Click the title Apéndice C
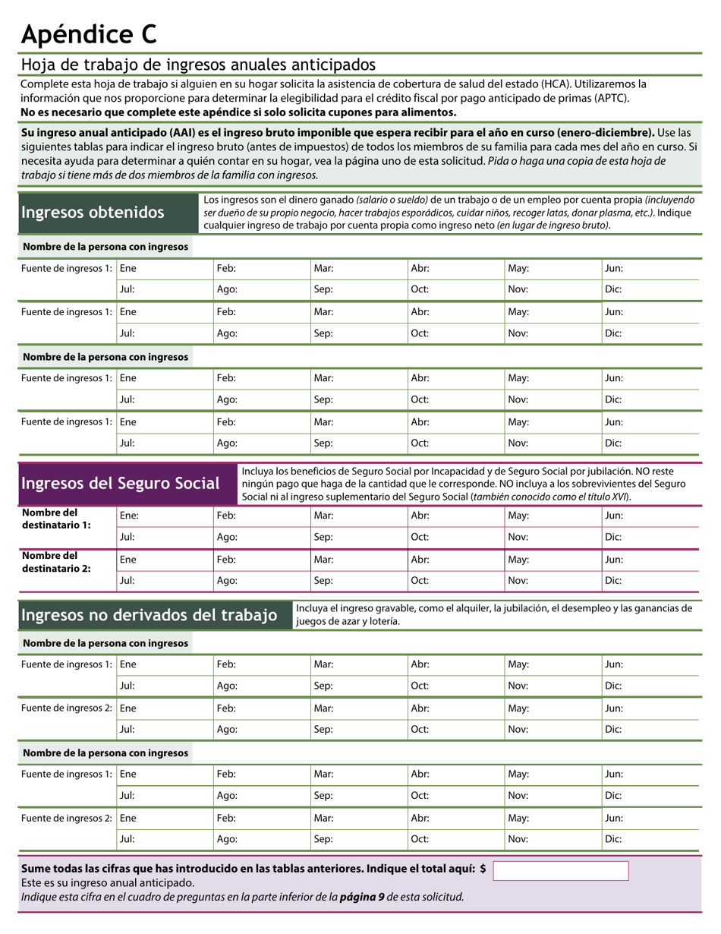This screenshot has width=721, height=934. click(89, 33)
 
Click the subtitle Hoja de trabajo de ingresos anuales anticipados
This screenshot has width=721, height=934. click(198, 65)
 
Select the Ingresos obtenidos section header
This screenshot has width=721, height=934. click(93, 213)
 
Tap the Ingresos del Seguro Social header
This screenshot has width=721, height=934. click(121, 484)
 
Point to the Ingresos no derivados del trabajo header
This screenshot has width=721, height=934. click(149, 615)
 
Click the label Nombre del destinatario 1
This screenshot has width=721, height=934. click(56, 519)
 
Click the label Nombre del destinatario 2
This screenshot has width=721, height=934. click(56, 561)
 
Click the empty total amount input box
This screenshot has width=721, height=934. click(560, 871)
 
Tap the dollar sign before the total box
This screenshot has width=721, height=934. click(483, 869)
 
